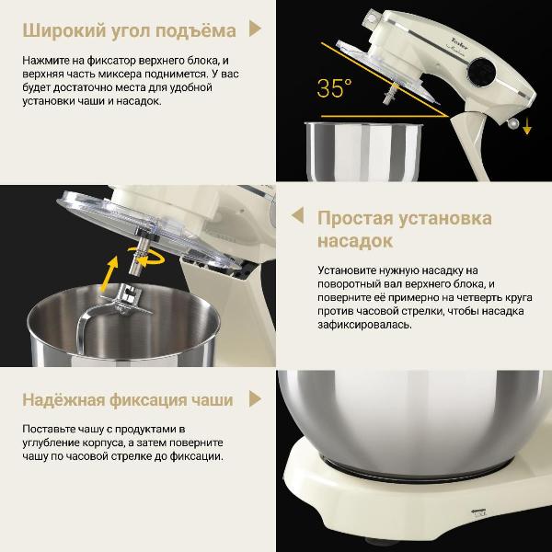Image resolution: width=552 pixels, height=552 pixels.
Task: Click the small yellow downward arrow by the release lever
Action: click(x=527, y=129)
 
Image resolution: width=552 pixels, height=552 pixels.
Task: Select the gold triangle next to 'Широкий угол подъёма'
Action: click(x=256, y=30)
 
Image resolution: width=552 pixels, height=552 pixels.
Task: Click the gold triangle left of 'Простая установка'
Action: click(x=297, y=216)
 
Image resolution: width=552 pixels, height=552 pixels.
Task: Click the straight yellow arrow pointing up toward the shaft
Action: click(x=109, y=272)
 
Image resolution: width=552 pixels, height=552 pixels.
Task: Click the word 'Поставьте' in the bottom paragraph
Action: click(x=52, y=429)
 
